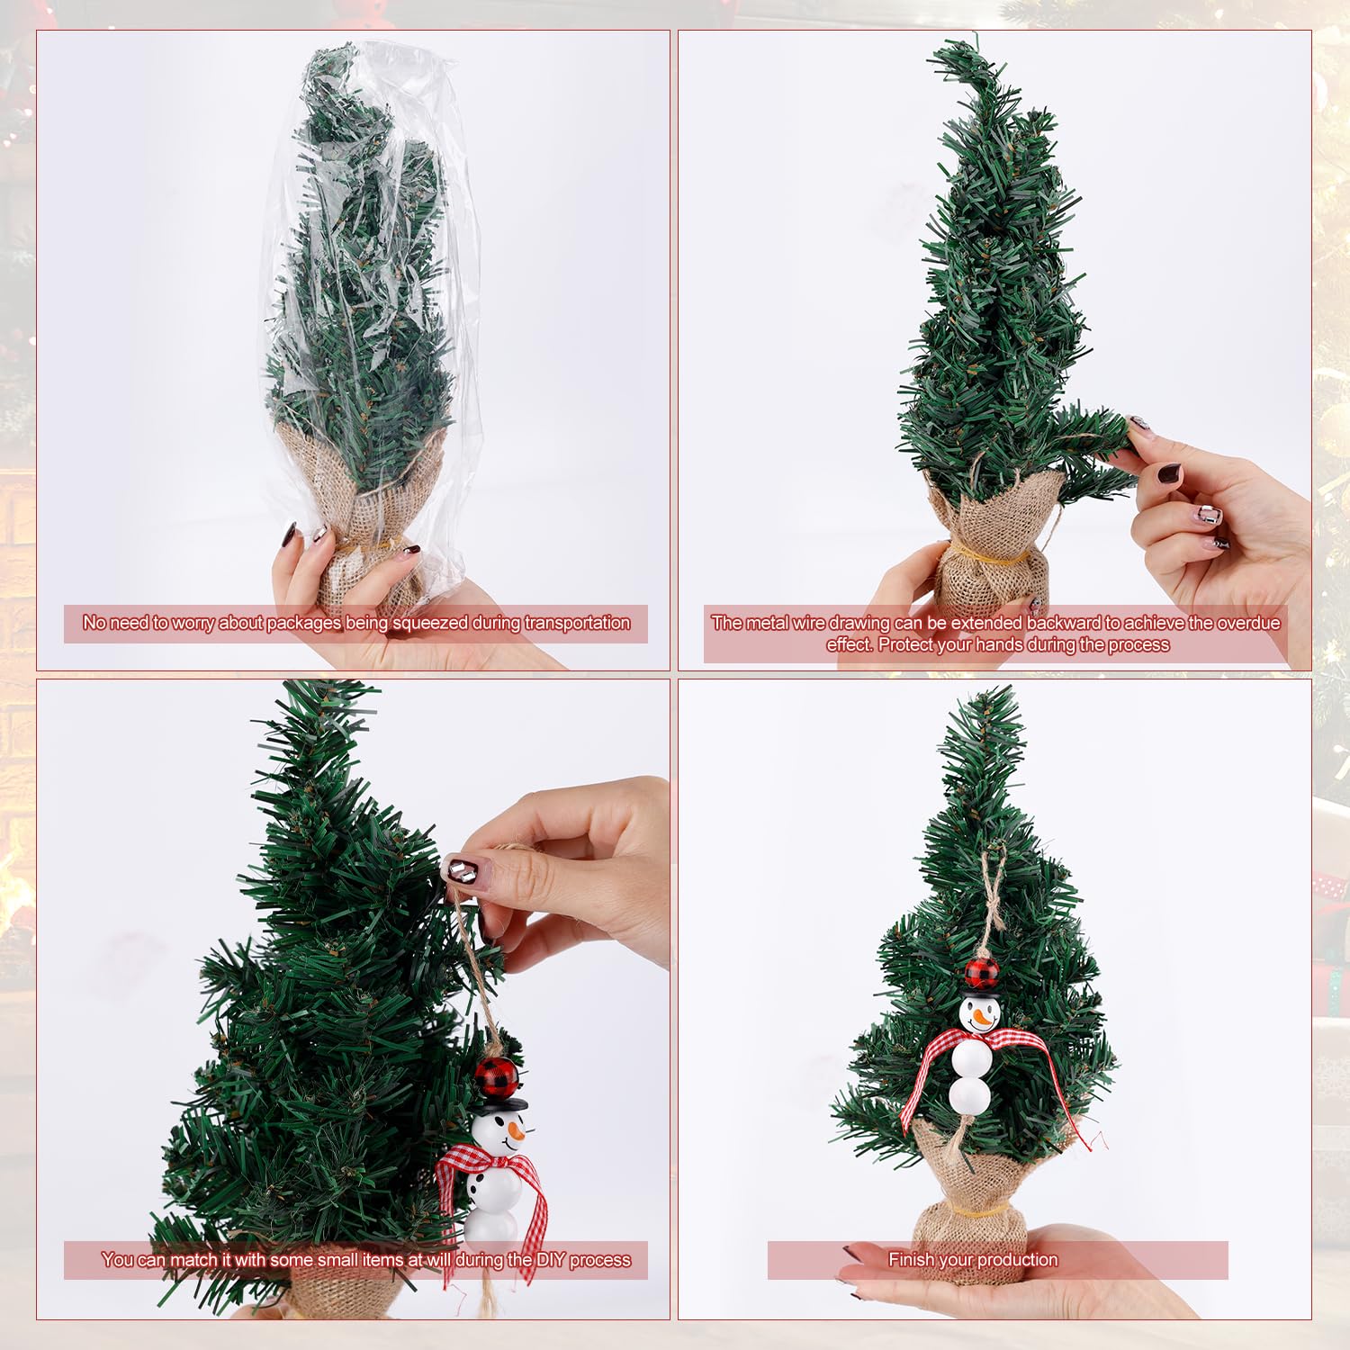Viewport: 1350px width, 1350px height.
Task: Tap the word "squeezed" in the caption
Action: click(x=430, y=623)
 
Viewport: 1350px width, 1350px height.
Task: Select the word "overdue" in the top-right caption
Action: click(x=1248, y=623)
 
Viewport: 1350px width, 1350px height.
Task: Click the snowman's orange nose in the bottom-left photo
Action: click(x=514, y=1127)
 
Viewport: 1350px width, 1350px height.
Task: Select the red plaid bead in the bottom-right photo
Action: click(x=981, y=973)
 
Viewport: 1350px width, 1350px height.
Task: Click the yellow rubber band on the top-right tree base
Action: click(x=987, y=554)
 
